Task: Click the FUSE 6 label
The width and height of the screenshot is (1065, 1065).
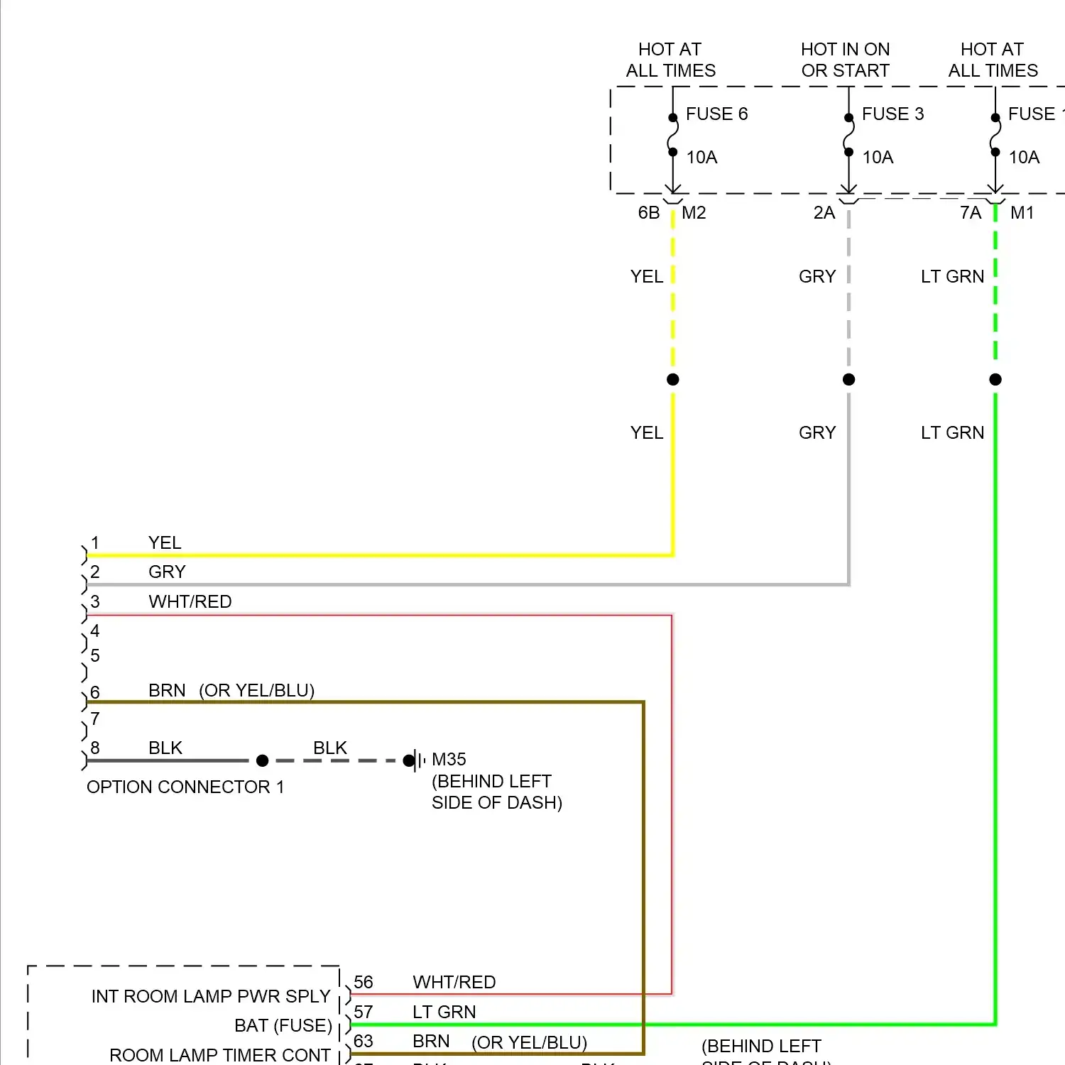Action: [716, 114]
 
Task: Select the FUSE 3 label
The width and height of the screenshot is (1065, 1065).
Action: [892, 114]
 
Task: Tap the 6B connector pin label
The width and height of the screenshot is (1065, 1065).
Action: [649, 213]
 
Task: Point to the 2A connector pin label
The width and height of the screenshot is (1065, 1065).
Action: [824, 213]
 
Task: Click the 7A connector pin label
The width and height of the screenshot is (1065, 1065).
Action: [971, 213]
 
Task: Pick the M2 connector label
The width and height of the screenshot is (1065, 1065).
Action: [694, 213]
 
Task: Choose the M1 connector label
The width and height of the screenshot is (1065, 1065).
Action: [1022, 213]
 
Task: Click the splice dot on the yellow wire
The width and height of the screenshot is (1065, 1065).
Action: [673, 380]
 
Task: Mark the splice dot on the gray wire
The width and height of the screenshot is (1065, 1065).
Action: [849, 380]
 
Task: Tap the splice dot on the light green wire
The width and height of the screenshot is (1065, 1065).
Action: [995, 380]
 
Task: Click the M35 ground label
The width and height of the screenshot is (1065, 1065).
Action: [449, 760]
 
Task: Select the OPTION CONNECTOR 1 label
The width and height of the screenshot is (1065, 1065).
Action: [185, 787]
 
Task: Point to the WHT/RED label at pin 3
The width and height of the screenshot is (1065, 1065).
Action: [190, 602]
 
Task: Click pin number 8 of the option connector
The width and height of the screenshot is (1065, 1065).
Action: [95, 748]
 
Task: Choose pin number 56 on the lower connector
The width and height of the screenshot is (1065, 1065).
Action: [364, 983]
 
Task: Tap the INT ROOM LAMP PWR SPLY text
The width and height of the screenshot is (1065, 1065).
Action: [211, 997]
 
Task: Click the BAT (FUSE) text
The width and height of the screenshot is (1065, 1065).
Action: [283, 1026]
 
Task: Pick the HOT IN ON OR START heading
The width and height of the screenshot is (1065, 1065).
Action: [845, 60]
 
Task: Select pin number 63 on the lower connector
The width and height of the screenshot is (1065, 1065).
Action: [364, 1042]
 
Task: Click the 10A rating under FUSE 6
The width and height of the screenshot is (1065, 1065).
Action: [701, 158]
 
